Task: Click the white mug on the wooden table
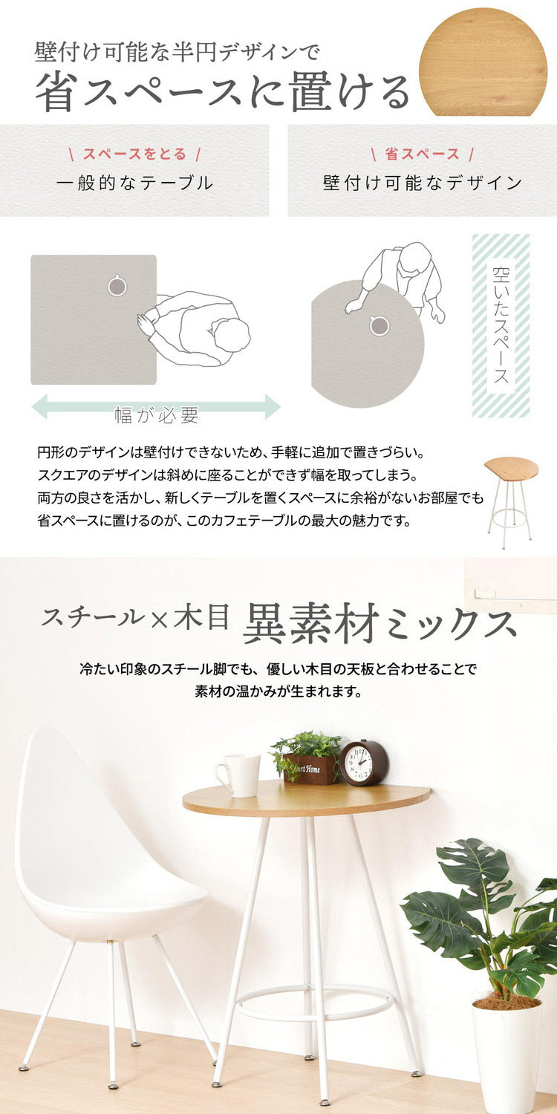coord(238,775)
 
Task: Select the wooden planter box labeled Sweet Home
coord(310,769)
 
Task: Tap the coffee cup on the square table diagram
coord(117,286)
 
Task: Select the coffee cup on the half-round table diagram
coord(379,326)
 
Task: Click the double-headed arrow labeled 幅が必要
coord(156,406)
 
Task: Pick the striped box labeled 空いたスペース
coord(501,326)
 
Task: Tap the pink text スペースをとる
coord(134,154)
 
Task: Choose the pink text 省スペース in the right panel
coord(422,154)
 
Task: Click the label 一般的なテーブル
coord(134,183)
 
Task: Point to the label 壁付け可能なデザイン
coord(423,183)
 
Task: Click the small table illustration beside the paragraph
coord(511,502)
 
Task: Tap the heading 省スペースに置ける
coord(223,93)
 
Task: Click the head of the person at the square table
coord(232,334)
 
